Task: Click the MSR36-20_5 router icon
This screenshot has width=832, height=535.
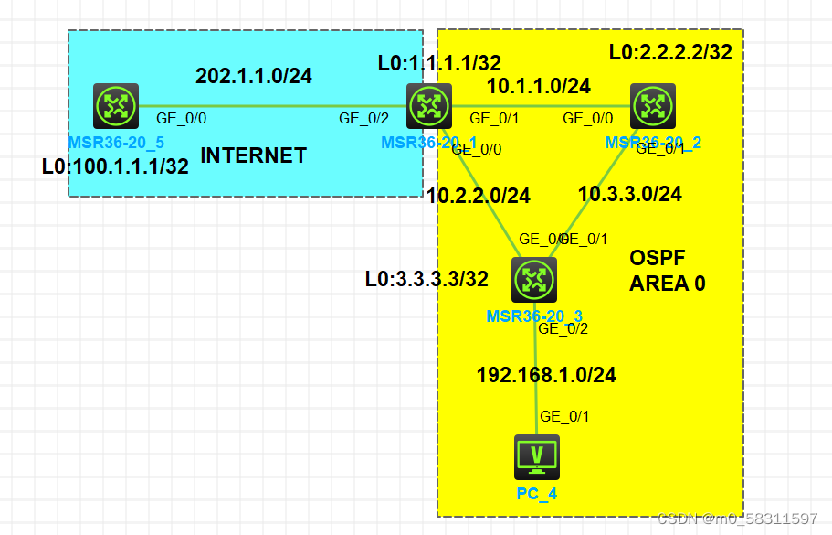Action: point(116,106)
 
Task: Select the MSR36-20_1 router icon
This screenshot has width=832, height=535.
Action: point(428,105)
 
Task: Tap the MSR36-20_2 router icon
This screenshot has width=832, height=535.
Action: point(652,105)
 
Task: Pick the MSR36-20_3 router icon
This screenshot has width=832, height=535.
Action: point(534,281)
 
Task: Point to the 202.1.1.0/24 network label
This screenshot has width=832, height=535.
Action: point(253,76)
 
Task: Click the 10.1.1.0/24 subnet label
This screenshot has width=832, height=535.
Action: point(538,87)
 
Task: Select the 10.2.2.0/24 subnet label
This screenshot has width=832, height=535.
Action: point(479,195)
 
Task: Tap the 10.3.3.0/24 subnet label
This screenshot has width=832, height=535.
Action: point(630,194)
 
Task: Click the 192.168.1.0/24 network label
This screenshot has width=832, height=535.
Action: point(546,374)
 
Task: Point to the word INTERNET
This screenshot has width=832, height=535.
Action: point(253,155)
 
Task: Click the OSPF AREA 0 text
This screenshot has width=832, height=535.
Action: point(667,271)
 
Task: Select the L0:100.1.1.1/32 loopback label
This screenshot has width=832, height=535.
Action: point(115,166)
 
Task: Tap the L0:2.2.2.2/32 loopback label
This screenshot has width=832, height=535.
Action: point(670,52)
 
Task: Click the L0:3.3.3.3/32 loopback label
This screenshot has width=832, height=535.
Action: point(427,278)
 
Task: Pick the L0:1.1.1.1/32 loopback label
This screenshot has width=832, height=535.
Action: point(439,63)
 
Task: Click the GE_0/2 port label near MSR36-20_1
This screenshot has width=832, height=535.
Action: point(363,118)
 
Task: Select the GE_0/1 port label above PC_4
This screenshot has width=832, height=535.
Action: point(564,417)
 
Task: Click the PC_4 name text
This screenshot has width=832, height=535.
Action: point(537,494)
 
